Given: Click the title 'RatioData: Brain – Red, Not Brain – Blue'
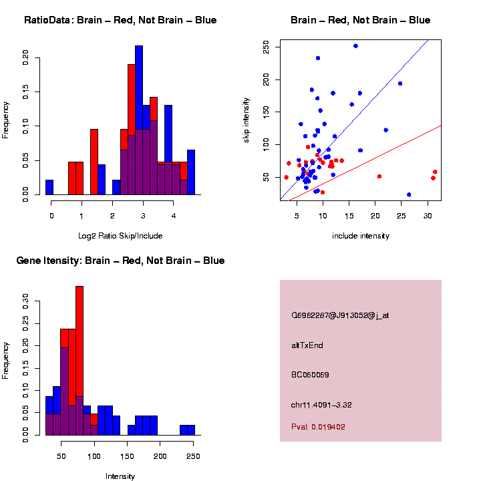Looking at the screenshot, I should tap(120, 20).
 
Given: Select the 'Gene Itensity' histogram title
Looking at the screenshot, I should tap(120, 261).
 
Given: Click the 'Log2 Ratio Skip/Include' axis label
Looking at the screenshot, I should tap(120, 236).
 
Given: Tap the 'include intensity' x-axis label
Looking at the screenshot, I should tap(361, 236).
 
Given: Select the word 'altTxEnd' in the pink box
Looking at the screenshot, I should tap(307, 345).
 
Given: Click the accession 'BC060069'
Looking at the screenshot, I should tap(310, 375).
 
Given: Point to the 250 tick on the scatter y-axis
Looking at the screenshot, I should tap(267, 46).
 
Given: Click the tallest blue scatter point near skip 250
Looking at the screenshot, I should tap(355, 46).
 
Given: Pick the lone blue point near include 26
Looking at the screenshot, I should tap(409, 194).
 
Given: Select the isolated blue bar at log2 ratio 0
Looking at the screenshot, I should tap(49, 188).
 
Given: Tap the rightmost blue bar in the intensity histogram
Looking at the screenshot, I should tap(187, 430).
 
